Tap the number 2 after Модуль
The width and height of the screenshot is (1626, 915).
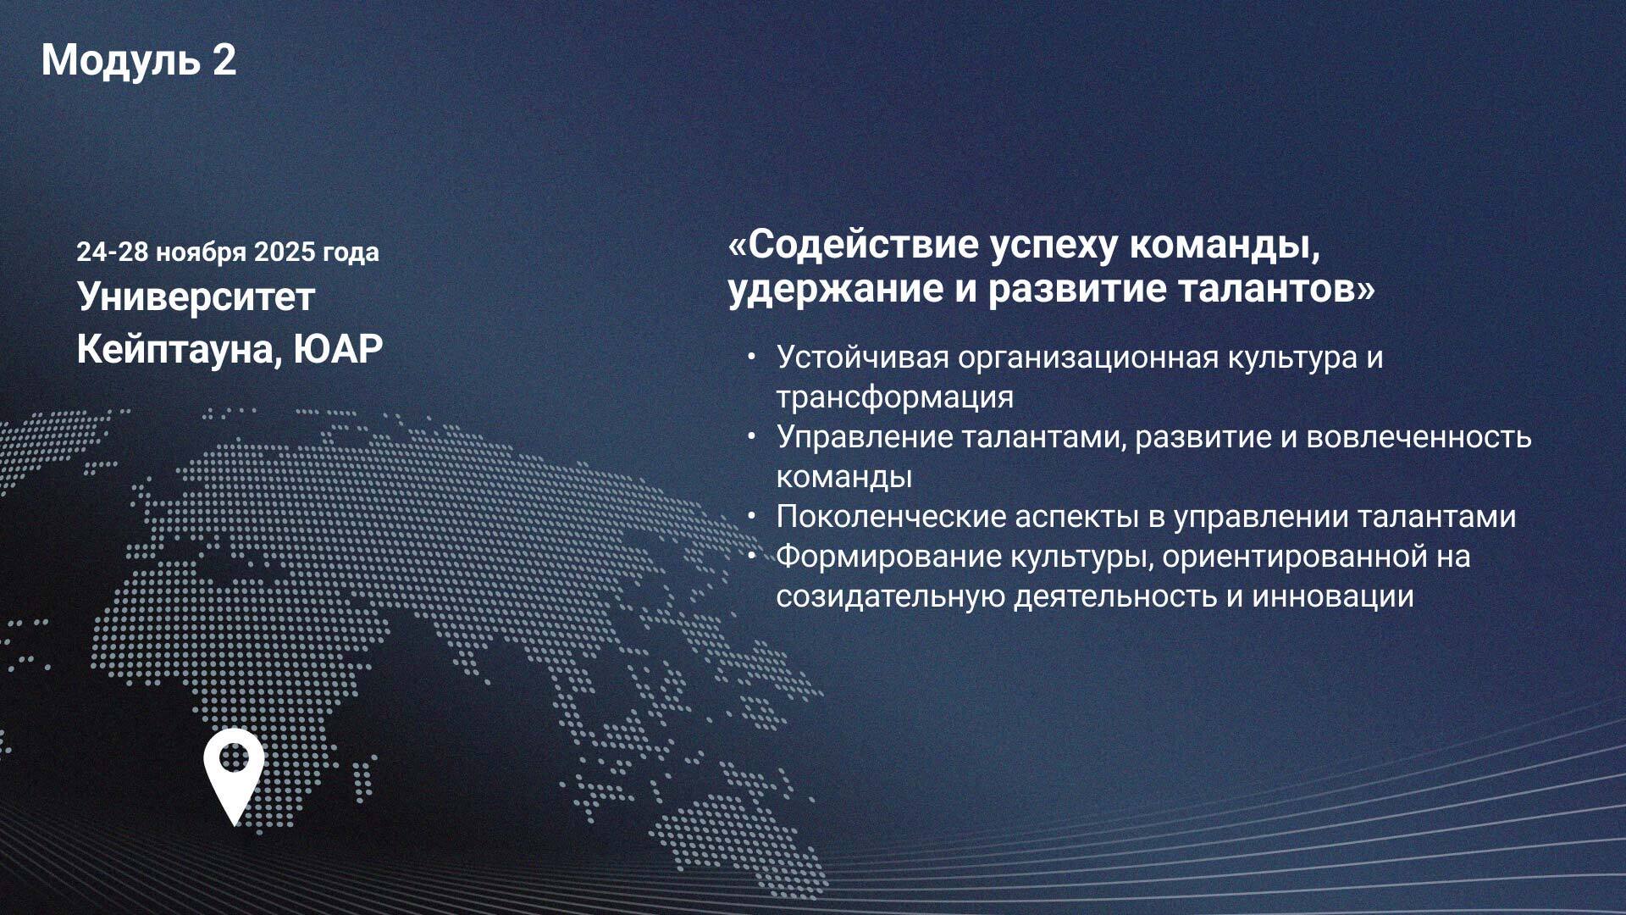pos(224,60)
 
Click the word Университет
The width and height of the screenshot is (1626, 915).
pos(196,297)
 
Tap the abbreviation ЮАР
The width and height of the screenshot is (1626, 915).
pos(339,348)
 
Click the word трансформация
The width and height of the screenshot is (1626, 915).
pos(895,398)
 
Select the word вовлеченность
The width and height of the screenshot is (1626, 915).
pos(1419,437)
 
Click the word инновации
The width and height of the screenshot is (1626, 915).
pos(1333,596)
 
